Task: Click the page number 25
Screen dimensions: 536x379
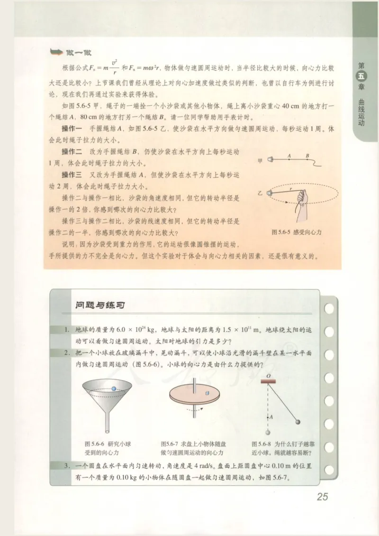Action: pyautogui.click(x=322, y=497)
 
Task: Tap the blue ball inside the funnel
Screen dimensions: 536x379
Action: pyautogui.click(x=108, y=388)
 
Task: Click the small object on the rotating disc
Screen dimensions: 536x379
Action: pyautogui.click(x=207, y=393)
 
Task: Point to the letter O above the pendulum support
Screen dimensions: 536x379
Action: pyautogui.click(x=268, y=376)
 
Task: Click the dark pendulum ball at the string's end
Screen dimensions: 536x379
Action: pyautogui.click(x=298, y=422)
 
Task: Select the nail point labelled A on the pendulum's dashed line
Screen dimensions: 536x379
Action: pyautogui.click(x=269, y=416)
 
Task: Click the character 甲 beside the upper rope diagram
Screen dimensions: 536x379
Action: pyautogui.click(x=259, y=161)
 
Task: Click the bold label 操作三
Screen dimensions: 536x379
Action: pyautogui.click(x=73, y=174)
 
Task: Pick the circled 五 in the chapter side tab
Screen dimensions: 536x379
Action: pyautogui.click(x=362, y=78)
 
